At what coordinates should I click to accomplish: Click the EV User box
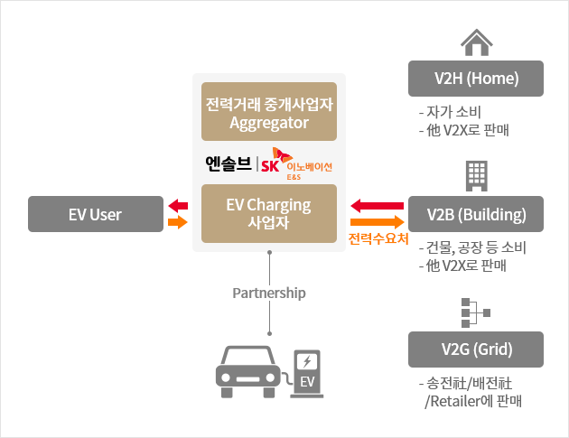[x=95, y=214]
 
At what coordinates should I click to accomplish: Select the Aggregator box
[x=269, y=114]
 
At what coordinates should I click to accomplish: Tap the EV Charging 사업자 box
[x=269, y=214]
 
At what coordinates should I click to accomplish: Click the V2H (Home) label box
[x=476, y=79]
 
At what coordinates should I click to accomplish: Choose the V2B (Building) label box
[x=476, y=214]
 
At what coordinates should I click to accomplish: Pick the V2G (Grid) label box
[x=476, y=349]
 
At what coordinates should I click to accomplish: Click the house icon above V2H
[x=476, y=42]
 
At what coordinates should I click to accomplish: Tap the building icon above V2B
[x=476, y=175]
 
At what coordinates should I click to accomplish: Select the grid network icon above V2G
[x=475, y=312]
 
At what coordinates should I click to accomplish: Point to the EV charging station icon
[x=307, y=370]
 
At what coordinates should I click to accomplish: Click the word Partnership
[x=269, y=294]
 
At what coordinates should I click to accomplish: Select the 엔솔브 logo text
[x=228, y=164]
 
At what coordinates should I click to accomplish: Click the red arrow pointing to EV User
[x=178, y=206]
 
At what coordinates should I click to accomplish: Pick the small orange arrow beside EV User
[x=178, y=222]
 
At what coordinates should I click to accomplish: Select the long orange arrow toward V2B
[x=378, y=221]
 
